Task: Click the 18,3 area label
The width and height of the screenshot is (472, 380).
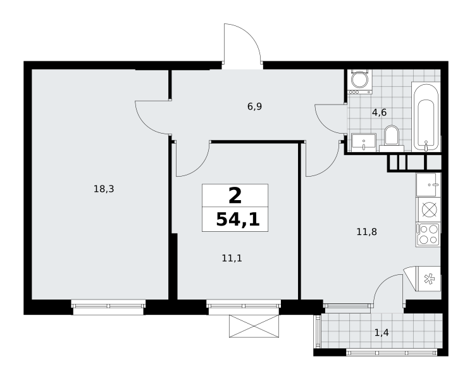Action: click(104, 189)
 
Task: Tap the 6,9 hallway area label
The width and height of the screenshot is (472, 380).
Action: click(254, 106)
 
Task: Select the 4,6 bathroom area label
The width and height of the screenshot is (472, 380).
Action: click(379, 113)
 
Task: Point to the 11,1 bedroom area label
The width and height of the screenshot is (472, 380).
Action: click(232, 258)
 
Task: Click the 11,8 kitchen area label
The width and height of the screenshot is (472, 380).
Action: click(366, 232)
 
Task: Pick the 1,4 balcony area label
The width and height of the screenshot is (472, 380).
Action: click(382, 332)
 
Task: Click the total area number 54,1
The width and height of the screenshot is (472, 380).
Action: click(238, 219)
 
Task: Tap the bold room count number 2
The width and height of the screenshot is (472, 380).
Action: click(235, 196)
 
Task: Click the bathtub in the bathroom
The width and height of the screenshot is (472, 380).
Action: click(426, 117)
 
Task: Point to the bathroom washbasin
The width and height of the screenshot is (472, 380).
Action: click(364, 142)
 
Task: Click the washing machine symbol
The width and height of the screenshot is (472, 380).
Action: click(360, 82)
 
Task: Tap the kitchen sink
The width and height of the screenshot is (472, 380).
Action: click(428, 184)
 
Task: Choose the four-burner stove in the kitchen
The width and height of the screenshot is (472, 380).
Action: click(428, 235)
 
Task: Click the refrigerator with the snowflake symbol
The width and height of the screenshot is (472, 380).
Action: click(425, 279)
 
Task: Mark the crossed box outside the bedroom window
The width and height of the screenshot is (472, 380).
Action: click(254, 326)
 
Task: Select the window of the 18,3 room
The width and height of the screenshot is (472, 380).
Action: click(108, 307)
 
